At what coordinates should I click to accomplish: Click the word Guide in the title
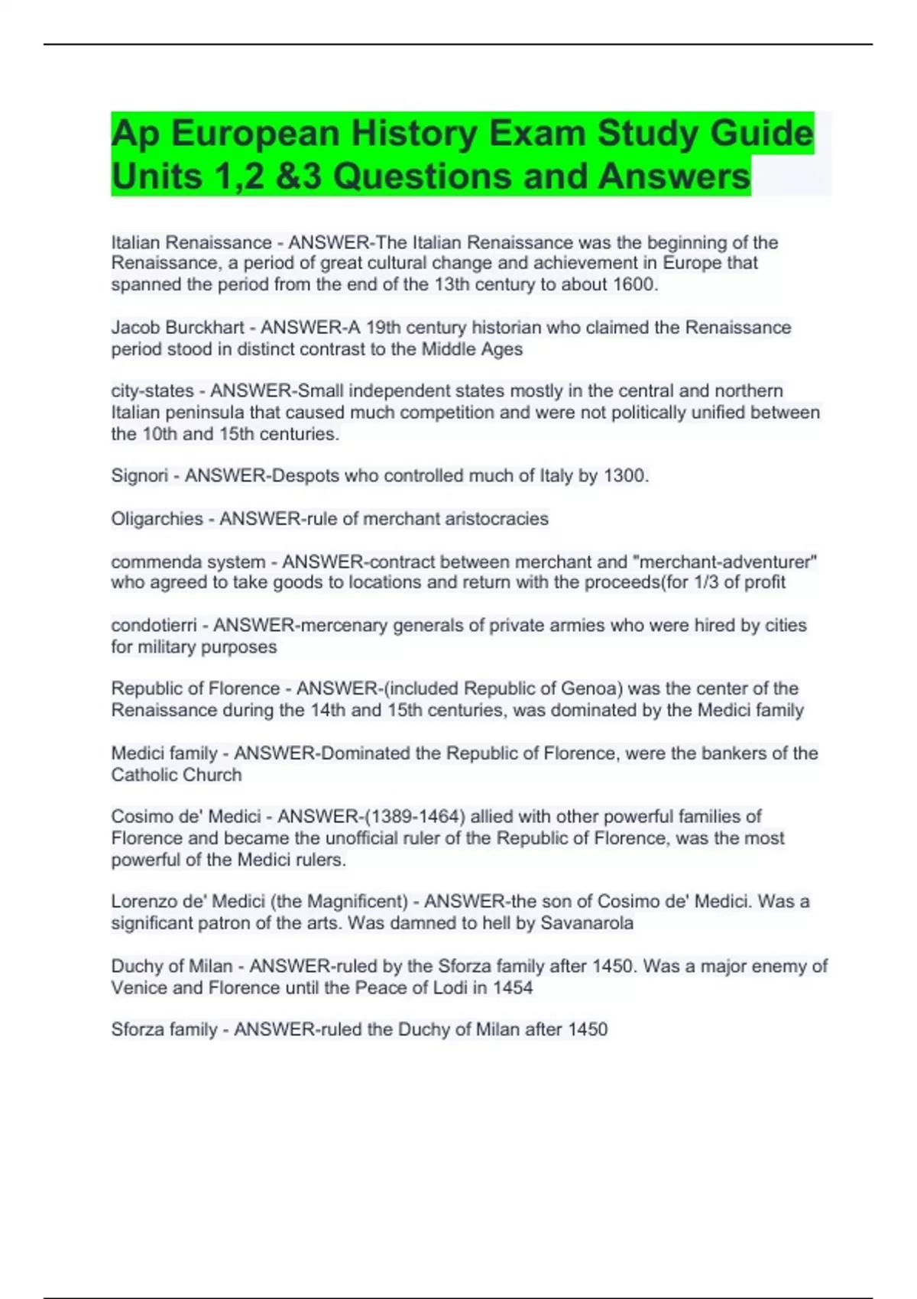(x=761, y=133)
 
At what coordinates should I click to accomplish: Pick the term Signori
(x=139, y=476)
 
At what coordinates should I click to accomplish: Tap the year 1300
(x=626, y=476)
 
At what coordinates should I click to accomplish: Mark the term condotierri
(x=154, y=625)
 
